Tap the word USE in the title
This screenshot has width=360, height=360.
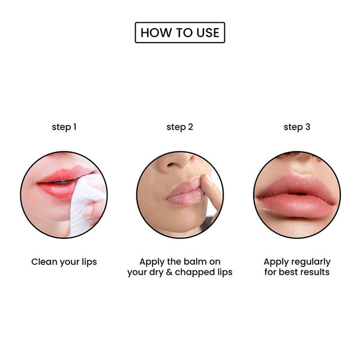pos(208,32)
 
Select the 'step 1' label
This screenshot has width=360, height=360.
pos(64,127)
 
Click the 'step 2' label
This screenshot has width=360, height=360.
pos(180,127)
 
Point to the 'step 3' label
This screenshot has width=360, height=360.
pos(297,127)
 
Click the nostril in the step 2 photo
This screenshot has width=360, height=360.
pos(171,164)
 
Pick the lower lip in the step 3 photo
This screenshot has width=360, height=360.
pos(296,205)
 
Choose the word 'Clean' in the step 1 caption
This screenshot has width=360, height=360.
pos(44,262)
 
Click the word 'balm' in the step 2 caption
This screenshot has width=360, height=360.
pos(194,262)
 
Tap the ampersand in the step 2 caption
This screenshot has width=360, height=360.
pos(169,272)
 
